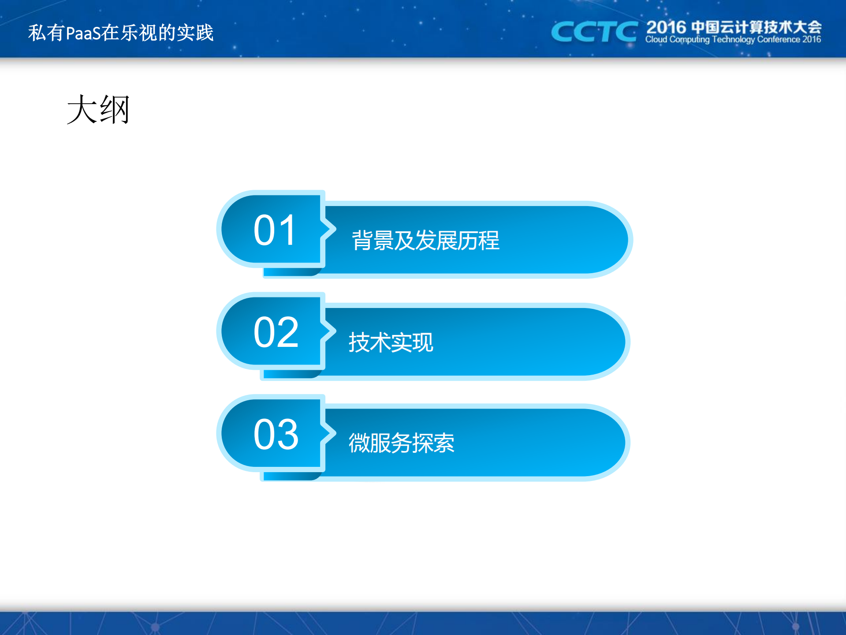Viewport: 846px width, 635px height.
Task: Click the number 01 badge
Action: click(274, 230)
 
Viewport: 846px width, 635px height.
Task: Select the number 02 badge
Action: click(276, 332)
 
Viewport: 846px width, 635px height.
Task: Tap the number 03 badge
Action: click(276, 434)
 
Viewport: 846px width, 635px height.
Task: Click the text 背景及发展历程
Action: click(425, 240)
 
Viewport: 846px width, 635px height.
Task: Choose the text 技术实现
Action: click(391, 342)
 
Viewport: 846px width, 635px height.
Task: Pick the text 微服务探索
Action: click(401, 443)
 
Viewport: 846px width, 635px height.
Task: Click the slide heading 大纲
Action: click(98, 110)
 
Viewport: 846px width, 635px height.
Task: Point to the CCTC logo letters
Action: click(593, 32)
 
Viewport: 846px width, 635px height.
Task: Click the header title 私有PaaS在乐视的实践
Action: click(121, 33)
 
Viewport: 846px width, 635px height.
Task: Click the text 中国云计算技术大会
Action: click(756, 27)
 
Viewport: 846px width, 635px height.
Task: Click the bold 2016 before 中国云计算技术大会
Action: click(666, 27)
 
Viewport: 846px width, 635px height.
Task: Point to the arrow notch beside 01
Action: click(329, 229)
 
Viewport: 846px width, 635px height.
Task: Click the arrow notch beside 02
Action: click(329, 331)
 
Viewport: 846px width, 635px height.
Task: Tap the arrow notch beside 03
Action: click(329, 433)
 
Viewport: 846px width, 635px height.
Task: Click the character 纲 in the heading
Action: click(115, 110)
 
